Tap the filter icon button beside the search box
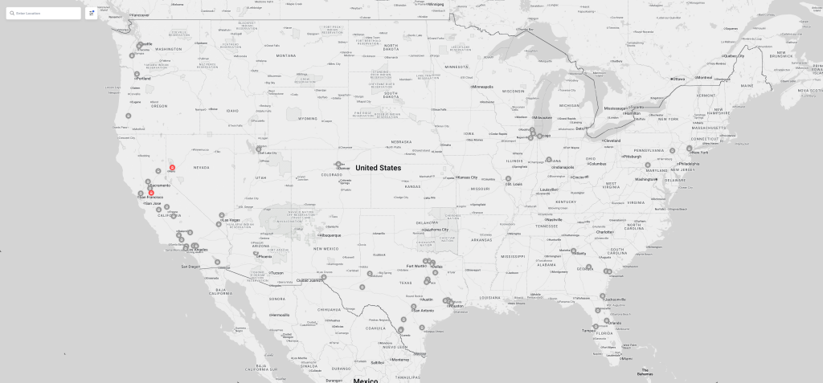tap(92, 13)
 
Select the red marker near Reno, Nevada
tap(172, 167)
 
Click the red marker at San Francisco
tap(151, 193)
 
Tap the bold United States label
tap(378, 168)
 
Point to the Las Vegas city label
tap(231, 220)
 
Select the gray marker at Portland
tap(137, 74)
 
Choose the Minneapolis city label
tap(483, 87)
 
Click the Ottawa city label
tap(679, 79)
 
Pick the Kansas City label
tap(468, 177)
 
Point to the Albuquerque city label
tap(330, 235)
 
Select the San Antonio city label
tap(424, 311)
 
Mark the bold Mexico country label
tap(366, 380)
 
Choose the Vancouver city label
tap(141, 15)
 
